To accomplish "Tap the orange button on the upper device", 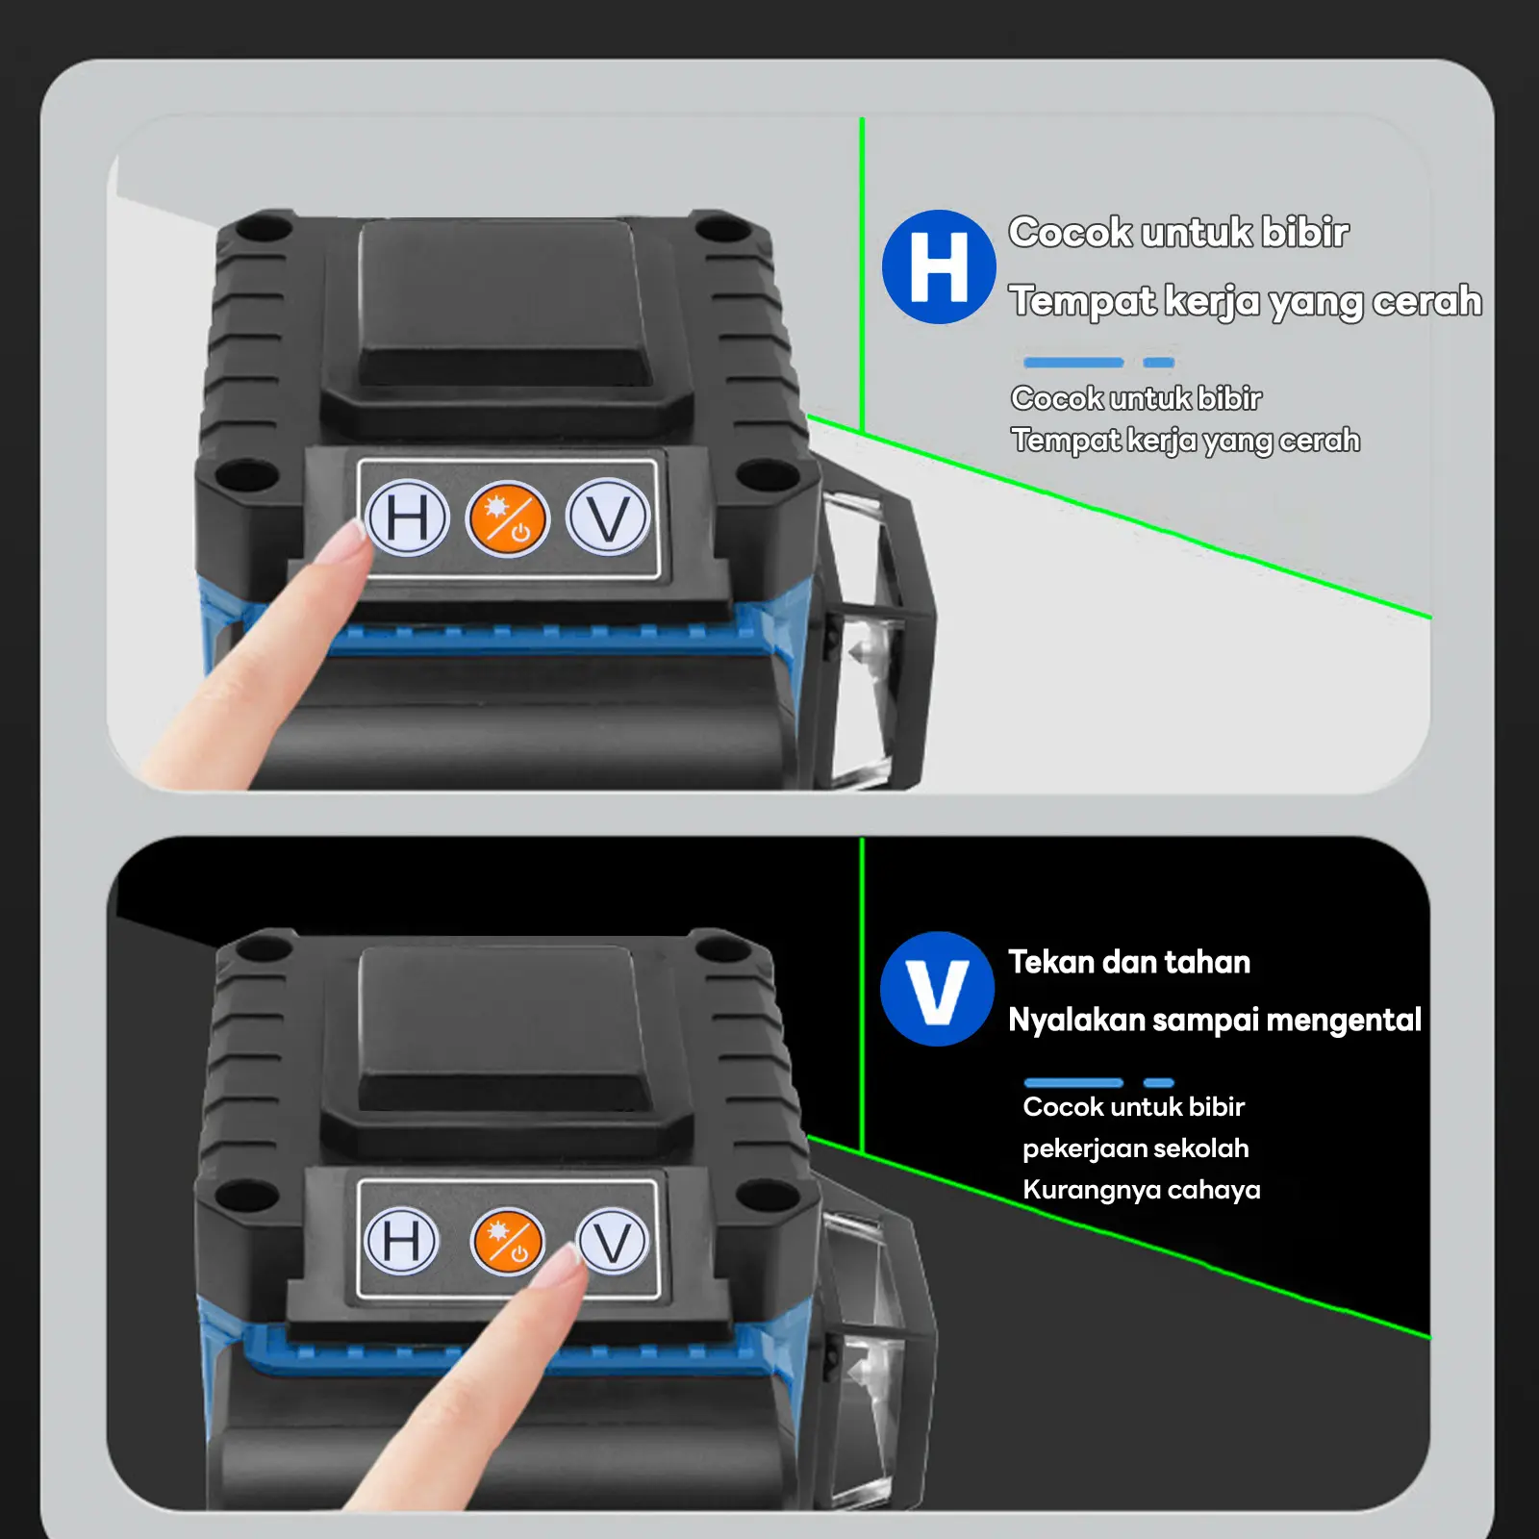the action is click(x=507, y=520).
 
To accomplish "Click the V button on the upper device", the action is click(x=608, y=517).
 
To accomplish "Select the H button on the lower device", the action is click(x=403, y=1240).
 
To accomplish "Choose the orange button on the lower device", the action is click(x=507, y=1241).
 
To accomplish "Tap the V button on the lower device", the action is click(x=614, y=1241).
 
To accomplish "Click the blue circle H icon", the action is click(x=939, y=266).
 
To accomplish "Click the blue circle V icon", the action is click(x=937, y=988).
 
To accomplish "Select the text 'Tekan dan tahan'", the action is click(x=1129, y=962).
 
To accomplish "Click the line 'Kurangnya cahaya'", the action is click(x=1142, y=1190).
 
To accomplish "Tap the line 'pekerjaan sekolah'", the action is click(x=1136, y=1148).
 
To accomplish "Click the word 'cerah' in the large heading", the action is click(x=1427, y=301).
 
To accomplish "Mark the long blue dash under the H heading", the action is click(x=1073, y=363).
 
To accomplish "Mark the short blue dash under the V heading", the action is click(x=1159, y=1083).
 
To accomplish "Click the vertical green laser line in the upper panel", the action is click(x=862, y=274).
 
